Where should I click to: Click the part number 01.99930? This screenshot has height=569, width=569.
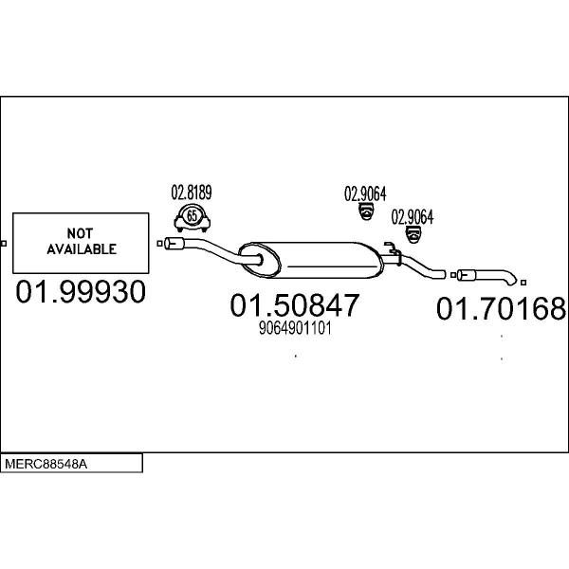coord(81,291)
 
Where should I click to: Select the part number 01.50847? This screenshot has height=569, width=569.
coord(295,305)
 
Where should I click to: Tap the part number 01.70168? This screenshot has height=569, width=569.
coord(501,308)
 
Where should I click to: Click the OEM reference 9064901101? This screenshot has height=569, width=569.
coord(295,328)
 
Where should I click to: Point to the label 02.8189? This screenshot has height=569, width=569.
coord(192,193)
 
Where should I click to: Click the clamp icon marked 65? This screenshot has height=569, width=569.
coord(192,217)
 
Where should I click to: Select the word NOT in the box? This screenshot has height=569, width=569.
coord(81,233)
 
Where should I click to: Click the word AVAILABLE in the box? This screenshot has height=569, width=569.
coord(82,249)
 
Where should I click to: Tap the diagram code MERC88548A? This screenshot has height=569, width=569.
coord(46,464)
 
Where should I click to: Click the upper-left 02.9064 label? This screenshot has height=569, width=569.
coord(365,193)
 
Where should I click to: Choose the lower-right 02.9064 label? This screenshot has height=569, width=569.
coord(413,217)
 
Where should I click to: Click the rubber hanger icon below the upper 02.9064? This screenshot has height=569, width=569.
coord(366,211)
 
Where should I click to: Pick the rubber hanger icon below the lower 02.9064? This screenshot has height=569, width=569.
coord(413,234)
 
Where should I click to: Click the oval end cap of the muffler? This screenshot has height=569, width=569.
coord(260,260)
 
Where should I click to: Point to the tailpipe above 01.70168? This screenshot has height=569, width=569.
coord(486,277)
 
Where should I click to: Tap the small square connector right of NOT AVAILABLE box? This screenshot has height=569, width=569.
coord(159,244)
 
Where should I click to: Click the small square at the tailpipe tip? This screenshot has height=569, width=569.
coord(523,283)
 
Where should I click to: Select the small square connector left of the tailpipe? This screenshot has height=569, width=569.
coord(453,275)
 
